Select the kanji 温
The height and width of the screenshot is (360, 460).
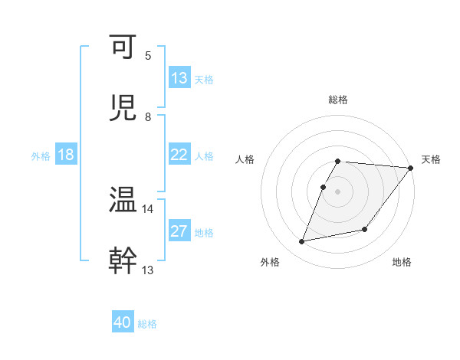124,199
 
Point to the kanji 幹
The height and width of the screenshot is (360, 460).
124,259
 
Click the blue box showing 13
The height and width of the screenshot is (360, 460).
179,78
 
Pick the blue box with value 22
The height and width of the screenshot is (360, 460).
179,155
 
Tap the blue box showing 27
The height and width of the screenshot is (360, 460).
179,231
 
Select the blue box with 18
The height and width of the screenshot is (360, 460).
66,155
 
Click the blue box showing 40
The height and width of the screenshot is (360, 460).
123,322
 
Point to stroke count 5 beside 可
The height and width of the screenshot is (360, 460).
148,56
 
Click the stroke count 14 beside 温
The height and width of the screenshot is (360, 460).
148,208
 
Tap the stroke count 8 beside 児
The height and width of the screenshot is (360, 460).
148,116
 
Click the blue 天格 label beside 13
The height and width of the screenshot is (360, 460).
204,79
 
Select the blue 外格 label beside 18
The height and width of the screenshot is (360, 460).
41,155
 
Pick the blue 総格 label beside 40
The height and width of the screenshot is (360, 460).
147,324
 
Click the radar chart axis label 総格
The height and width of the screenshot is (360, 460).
338,100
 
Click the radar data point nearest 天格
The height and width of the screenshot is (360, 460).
411,168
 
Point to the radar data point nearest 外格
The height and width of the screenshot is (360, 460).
302,241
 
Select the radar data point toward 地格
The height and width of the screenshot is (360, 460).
365,229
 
